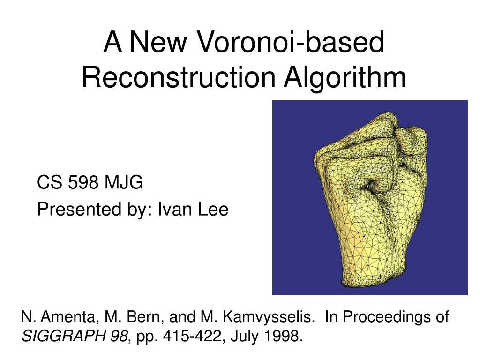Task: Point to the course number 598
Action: tap(83, 183)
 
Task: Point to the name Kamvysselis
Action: tap(267, 317)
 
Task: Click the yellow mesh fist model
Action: tap(370, 197)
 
